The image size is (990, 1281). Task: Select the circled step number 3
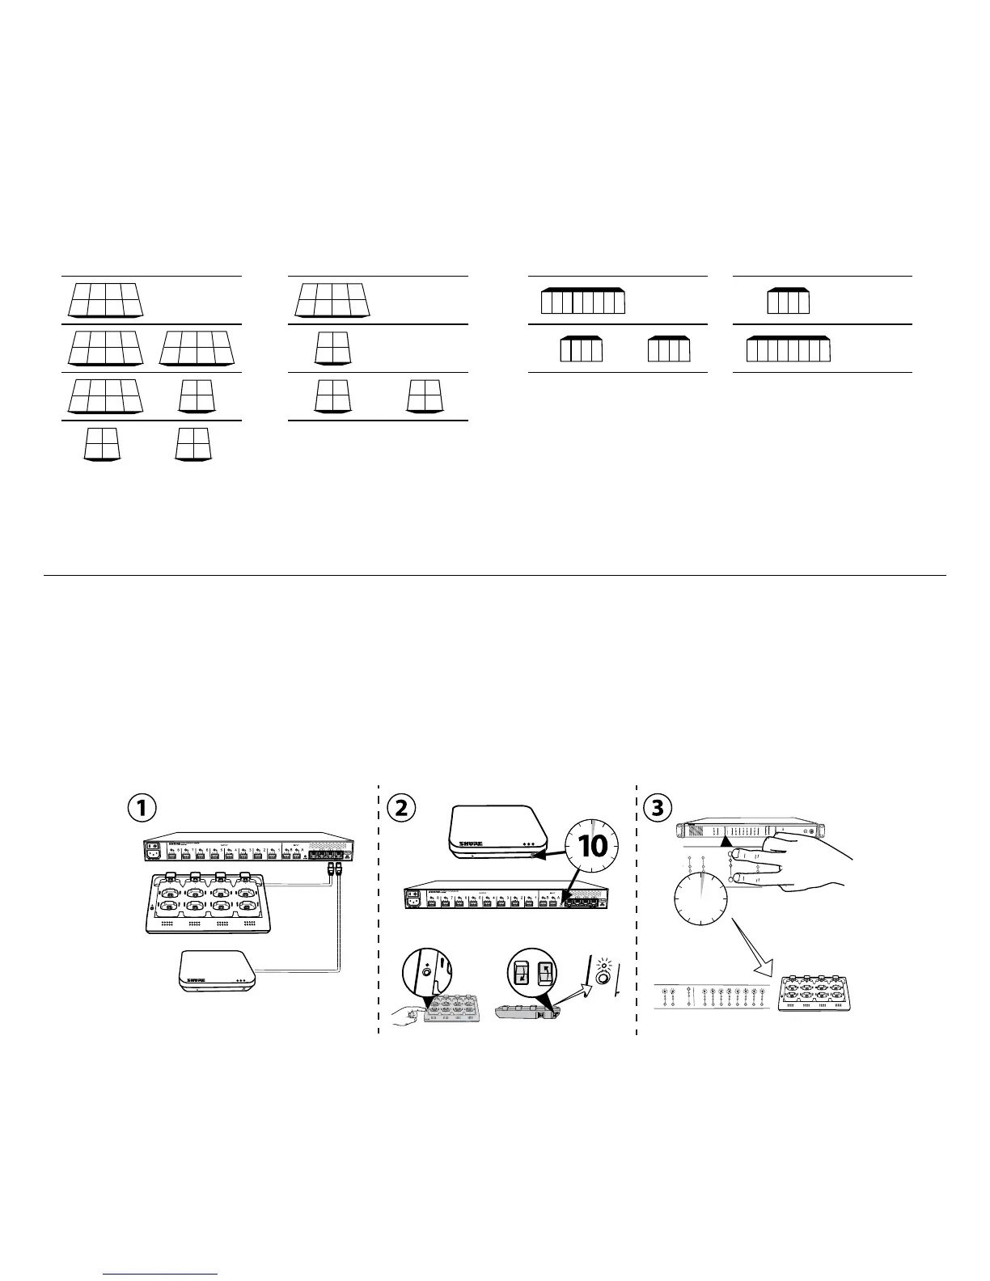[657, 808]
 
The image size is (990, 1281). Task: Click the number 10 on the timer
[593, 846]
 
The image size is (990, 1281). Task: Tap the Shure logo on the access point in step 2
[471, 843]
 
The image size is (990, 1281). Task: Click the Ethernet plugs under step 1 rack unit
[335, 870]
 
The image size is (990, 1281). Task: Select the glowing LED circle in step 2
[603, 978]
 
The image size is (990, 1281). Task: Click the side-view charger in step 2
[526, 1013]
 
